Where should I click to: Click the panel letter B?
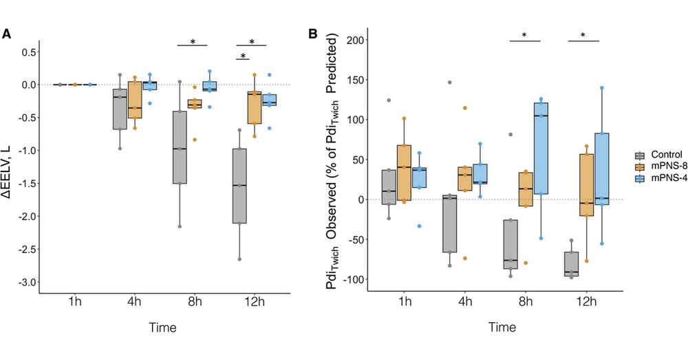pyautogui.click(x=313, y=33)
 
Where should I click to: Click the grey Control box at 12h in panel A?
pyautogui.click(x=241, y=186)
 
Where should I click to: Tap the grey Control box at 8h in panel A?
pyautogui.click(x=180, y=147)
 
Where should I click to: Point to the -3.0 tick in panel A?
pyautogui.click(x=26, y=282)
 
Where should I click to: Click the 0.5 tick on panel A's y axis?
pyautogui.click(x=28, y=52)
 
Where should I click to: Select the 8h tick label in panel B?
pyautogui.click(x=525, y=303)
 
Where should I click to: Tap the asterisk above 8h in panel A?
pyautogui.click(x=193, y=42)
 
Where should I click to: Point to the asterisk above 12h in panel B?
pyautogui.click(x=583, y=36)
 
